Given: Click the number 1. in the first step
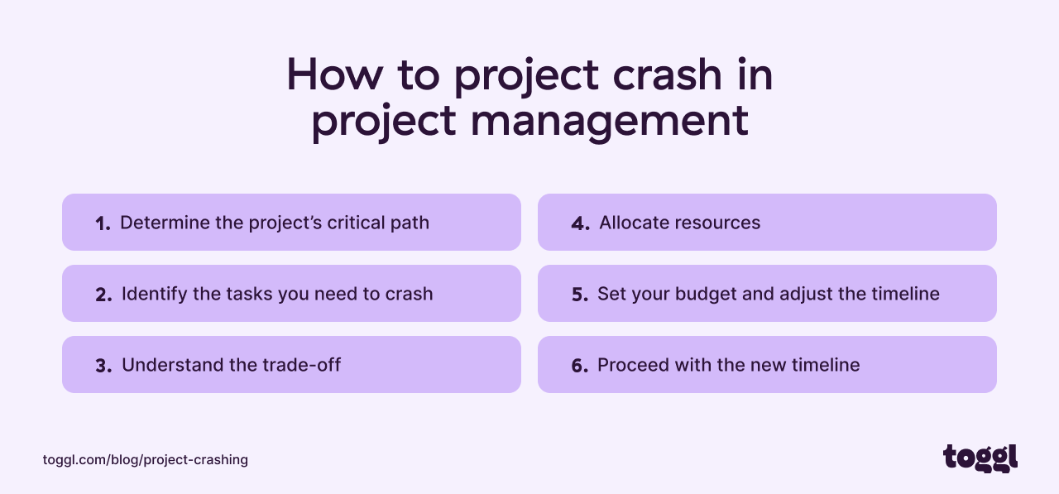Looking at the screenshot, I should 103,223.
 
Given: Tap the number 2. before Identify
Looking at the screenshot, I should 103,295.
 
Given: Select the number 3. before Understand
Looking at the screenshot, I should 103,366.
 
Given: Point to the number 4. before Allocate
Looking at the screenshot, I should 580,223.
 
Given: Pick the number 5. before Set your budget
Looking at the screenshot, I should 579,295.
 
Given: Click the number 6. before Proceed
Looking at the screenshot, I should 579,366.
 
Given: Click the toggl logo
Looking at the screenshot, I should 980,458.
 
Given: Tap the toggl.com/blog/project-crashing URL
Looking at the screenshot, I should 146,459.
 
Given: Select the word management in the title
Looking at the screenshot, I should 609,120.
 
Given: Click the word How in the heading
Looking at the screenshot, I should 334,75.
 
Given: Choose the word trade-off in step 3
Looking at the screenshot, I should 303,365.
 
